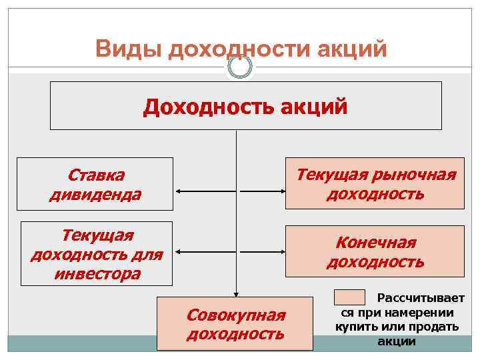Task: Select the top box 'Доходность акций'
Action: coord(245,105)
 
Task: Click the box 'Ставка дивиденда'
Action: coord(95,183)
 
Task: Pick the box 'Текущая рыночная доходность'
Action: coord(375,183)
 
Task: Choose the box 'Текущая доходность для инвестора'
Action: coord(97,254)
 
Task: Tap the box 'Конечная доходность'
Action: coord(375,251)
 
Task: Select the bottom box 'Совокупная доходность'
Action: coord(235,323)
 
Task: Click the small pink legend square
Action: coord(349,297)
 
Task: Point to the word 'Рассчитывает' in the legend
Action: coord(421,299)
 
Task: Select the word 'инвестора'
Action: coord(97,273)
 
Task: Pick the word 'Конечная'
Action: coord(375,242)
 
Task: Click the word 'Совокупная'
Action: coord(235,314)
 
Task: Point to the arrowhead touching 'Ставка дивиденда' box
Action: coord(178,192)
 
